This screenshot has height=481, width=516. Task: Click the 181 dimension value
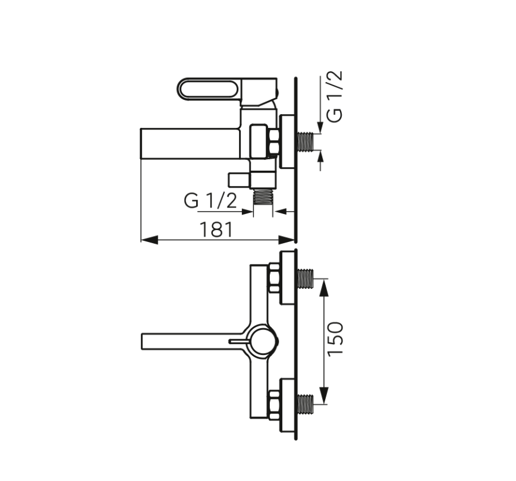click(x=216, y=229)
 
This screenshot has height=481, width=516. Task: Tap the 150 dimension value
click(x=336, y=338)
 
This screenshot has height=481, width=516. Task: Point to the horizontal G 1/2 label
click(x=210, y=201)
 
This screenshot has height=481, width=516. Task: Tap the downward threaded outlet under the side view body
click(x=262, y=197)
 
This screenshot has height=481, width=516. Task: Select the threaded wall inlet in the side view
click(x=305, y=142)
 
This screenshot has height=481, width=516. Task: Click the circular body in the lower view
click(x=262, y=341)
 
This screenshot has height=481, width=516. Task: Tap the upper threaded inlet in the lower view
click(x=305, y=278)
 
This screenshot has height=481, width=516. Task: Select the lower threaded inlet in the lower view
click(x=305, y=404)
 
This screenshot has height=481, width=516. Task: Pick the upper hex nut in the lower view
click(x=274, y=278)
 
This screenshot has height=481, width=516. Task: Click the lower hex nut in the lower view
click(x=274, y=404)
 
